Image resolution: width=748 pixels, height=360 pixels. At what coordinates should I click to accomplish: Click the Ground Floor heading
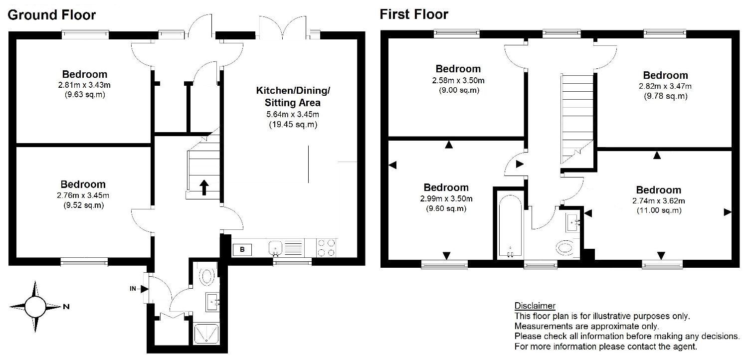pyautogui.click(x=51, y=15)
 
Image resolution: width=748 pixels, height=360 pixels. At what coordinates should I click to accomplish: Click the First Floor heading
pyautogui.click(x=414, y=14)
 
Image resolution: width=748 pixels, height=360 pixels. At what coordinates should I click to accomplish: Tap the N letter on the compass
pyautogui.click(x=66, y=307)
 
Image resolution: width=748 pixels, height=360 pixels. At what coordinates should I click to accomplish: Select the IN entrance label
pyautogui.click(x=133, y=289)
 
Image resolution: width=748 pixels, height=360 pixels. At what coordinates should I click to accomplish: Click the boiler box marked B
pyautogui.click(x=242, y=249)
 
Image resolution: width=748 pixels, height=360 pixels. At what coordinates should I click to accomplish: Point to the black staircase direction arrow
pyautogui.click(x=204, y=187)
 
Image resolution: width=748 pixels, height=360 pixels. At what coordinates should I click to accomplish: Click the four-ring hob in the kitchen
pyautogui.click(x=326, y=248)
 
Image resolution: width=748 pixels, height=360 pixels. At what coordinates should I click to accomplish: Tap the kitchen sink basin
pyautogui.click(x=275, y=248)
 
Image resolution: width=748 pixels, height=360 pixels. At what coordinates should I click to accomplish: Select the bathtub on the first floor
pyautogui.click(x=510, y=226)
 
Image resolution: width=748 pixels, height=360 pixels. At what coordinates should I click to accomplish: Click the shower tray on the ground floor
pyautogui.click(x=206, y=333)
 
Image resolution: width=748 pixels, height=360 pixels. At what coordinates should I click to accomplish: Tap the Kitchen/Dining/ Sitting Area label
pyautogui.click(x=293, y=97)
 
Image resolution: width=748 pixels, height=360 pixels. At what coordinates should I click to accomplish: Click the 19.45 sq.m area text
pyautogui.click(x=293, y=125)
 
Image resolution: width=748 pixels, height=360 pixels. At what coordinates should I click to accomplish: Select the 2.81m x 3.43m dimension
pyautogui.click(x=84, y=85)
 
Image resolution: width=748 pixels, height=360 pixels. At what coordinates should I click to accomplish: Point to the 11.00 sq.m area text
pyautogui.click(x=659, y=210)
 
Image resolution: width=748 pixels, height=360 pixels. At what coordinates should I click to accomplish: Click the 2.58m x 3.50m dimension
pyautogui.click(x=458, y=80)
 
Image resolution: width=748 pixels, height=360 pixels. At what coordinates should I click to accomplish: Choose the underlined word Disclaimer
pyautogui.click(x=535, y=306)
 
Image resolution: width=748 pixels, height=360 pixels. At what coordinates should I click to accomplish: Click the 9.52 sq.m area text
pyautogui.click(x=83, y=205)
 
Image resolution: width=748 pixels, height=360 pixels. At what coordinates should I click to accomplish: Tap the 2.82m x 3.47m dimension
pyautogui.click(x=665, y=86)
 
